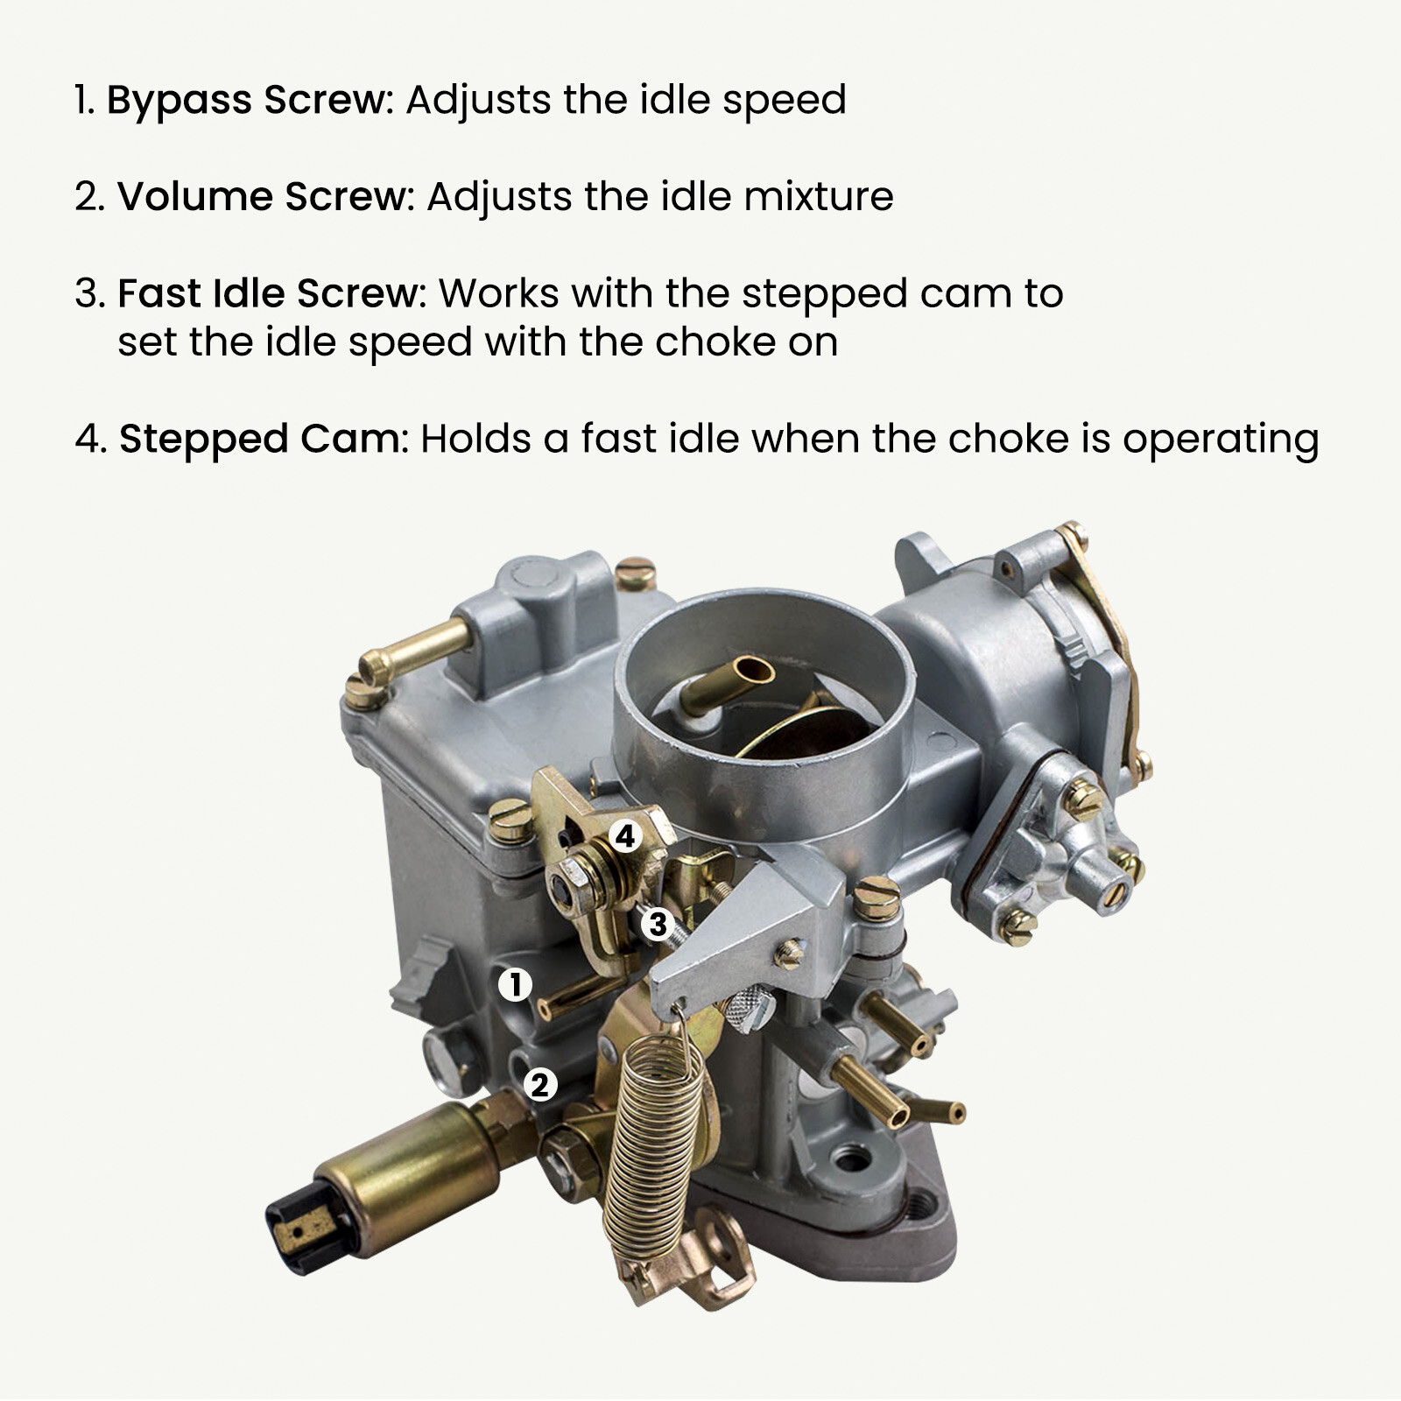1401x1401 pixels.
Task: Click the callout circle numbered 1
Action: (x=515, y=984)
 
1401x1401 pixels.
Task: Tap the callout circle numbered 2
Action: (x=540, y=1085)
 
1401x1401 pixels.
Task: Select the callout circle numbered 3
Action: (x=657, y=924)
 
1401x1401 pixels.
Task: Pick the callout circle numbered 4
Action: (x=625, y=837)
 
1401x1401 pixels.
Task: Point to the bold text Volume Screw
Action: (x=264, y=196)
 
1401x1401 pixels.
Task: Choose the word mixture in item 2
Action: (x=819, y=196)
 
